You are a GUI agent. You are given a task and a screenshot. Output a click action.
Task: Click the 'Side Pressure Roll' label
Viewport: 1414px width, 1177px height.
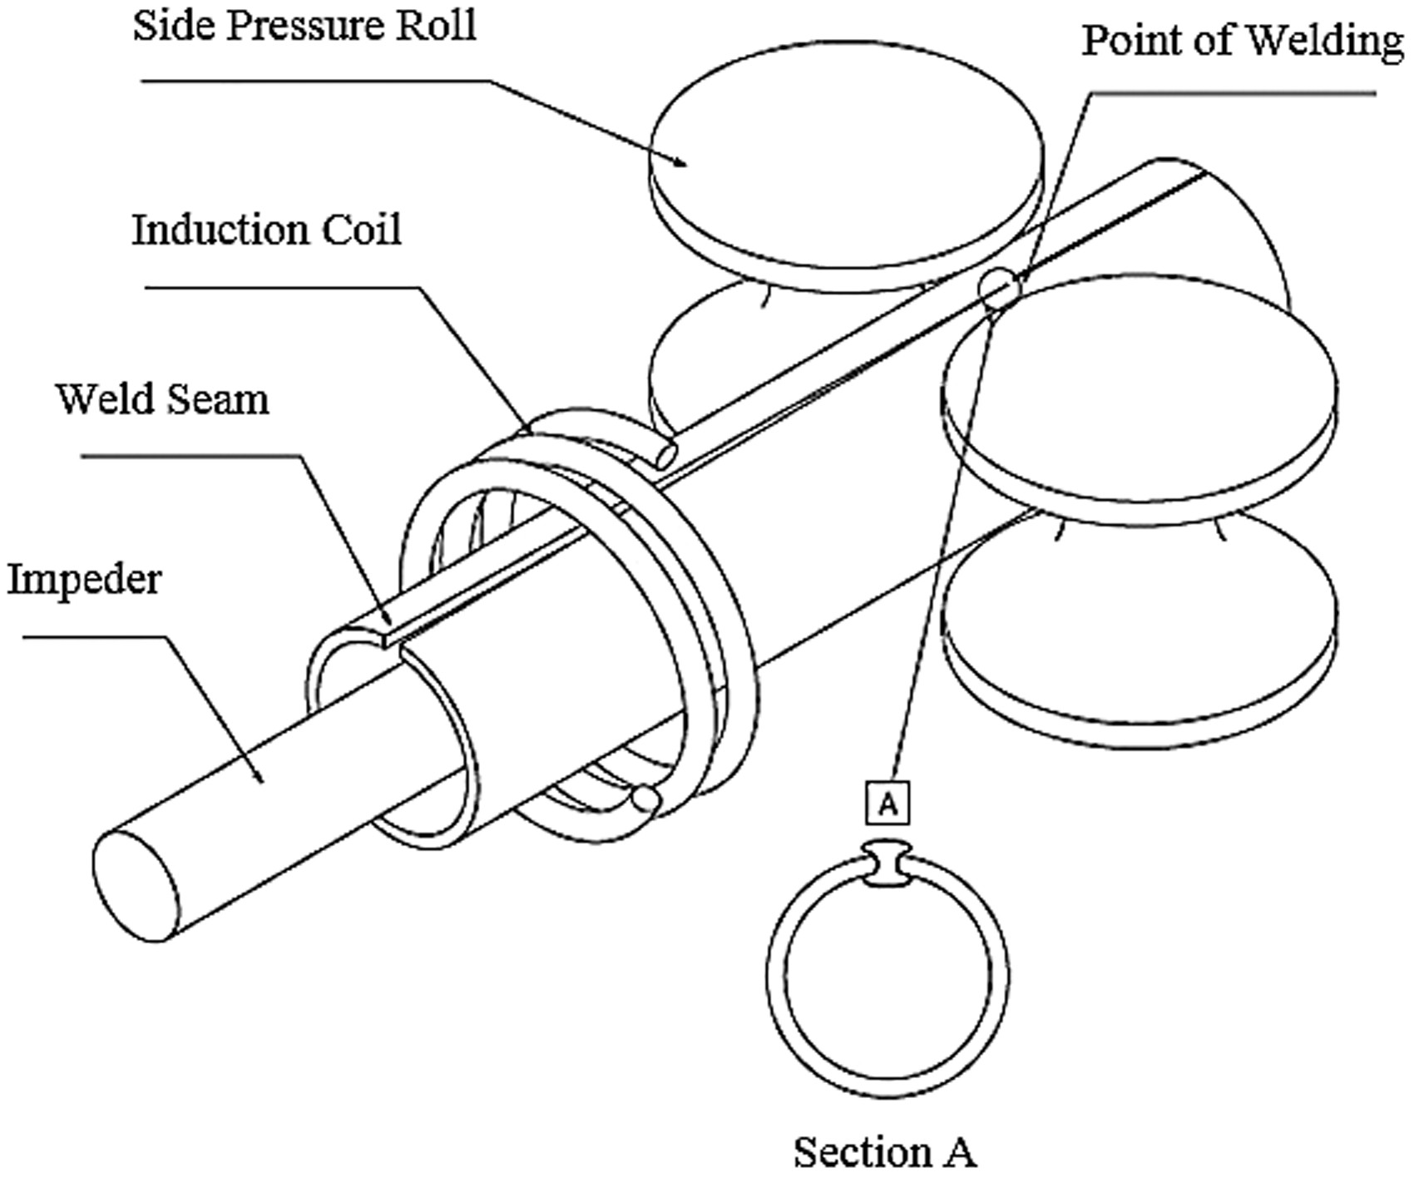[304, 25]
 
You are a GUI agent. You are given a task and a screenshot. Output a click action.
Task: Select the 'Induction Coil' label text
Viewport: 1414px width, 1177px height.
[266, 230]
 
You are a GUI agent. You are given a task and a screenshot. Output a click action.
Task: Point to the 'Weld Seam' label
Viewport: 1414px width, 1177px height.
[162, 399]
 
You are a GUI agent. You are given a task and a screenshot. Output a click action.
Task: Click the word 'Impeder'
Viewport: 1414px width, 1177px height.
[84, 578]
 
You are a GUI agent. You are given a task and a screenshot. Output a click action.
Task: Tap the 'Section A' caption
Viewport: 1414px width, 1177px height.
[884, 1151]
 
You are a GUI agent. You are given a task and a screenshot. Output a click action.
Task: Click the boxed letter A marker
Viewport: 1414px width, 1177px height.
[887, 803]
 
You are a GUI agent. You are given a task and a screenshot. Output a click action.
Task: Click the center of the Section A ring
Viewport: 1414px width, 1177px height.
[887, 977]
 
